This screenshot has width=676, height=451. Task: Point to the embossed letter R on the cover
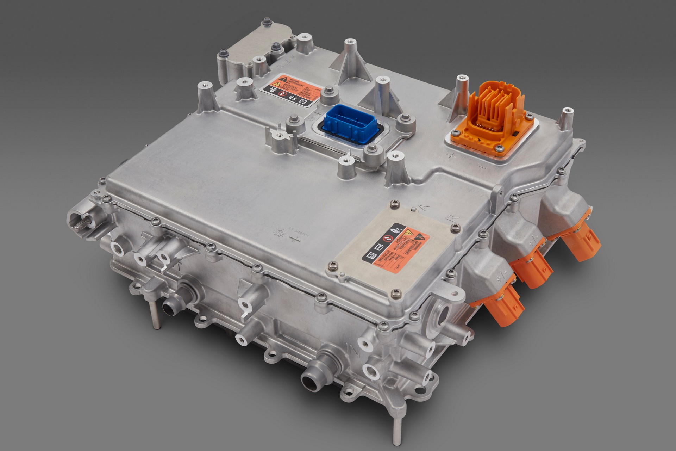pyautogui.click(x=454, y=217)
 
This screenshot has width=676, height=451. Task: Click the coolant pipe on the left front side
pyautogui.click(x=176, y=303)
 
